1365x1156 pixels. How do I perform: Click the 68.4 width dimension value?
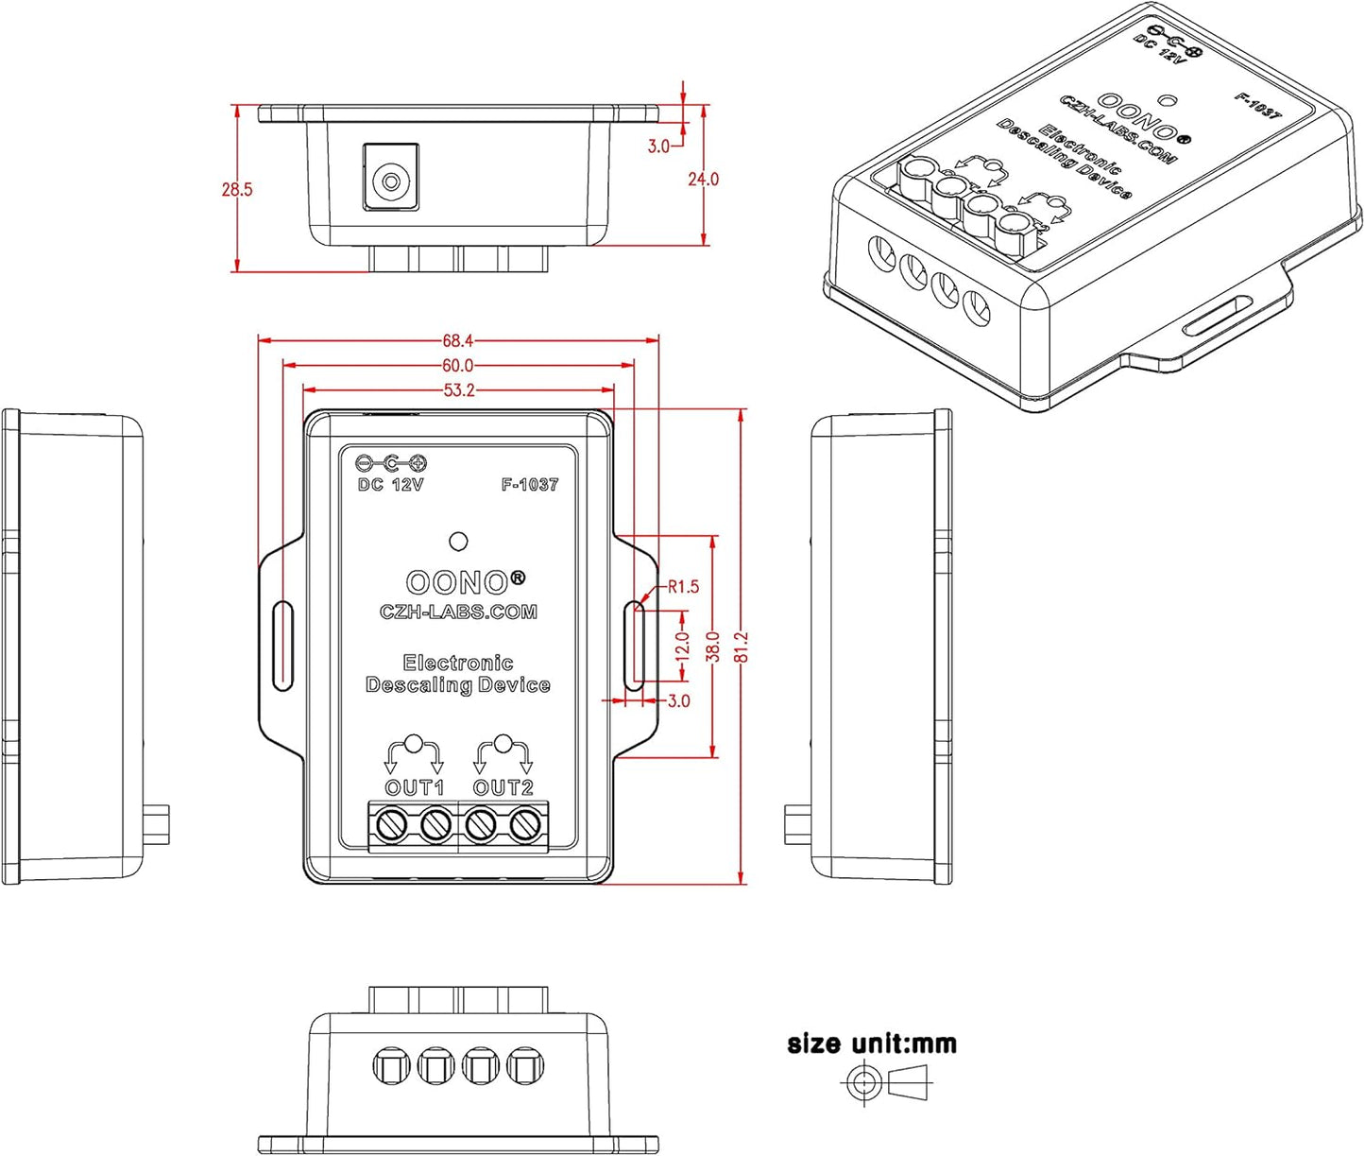(457, 340)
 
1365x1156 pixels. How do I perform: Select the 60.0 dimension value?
(457, 366)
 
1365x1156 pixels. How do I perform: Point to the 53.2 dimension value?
(458, 390)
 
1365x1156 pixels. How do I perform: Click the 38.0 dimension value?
(713, 647)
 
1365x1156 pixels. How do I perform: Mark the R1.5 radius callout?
(683, 587)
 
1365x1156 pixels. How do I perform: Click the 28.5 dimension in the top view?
(237, 189)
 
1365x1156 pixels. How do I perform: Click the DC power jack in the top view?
(389, 178)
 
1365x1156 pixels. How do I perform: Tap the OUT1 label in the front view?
(414, 787)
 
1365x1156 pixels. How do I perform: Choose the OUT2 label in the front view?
(503, 787)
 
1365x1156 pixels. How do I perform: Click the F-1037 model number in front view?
(530, 485)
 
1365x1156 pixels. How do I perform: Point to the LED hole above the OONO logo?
(458, 542)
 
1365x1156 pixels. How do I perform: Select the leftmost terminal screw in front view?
(391, 826)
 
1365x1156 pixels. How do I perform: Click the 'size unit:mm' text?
(872, 1044)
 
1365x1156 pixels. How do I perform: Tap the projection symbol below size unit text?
(883, 1080)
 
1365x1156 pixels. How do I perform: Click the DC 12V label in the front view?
(390, 485)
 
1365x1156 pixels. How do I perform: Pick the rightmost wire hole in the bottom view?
(524, 1066)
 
